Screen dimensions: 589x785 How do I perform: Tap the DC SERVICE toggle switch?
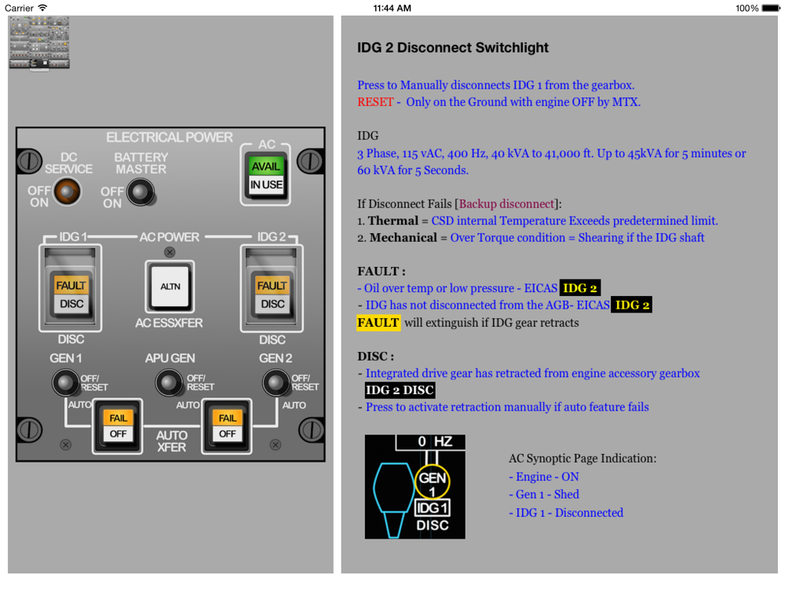[x=67, y=190]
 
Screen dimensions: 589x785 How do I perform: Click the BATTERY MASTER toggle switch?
[x=141, y=191]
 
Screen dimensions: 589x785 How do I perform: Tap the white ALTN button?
[x=170, y=287]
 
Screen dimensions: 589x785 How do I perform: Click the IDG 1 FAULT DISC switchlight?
[x=71, y=294]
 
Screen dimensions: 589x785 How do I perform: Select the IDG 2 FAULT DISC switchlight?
[x=272, y=294]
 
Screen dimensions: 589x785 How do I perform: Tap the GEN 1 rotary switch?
[x=66, y=382]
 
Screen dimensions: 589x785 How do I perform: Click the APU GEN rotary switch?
[x=170, y=382]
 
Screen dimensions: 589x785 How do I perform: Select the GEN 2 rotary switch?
[x=275, y=382]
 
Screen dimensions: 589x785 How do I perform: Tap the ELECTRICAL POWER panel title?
[x=170, y=137]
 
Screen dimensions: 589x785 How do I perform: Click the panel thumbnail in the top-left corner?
[x=39, y=44]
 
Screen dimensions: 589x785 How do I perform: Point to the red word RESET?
[x=375, y=102]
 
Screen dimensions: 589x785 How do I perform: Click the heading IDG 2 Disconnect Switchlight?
[x=453, y=48]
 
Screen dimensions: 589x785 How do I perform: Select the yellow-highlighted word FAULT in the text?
[x=378, y=322]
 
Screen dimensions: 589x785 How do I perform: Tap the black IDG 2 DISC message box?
[x=400, y=390]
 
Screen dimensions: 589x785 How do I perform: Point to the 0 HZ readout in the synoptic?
[x=435, y=442]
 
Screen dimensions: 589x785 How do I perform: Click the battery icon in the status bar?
[x=769, y=9]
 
